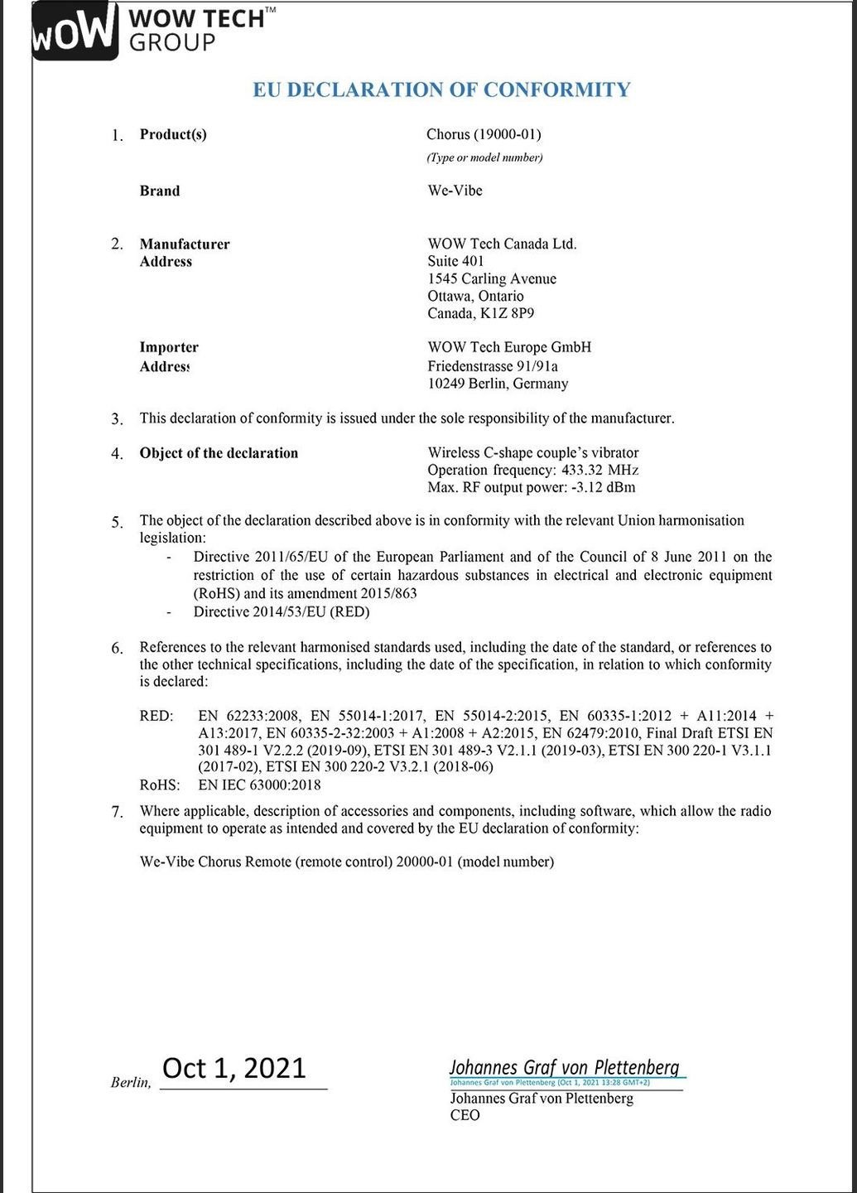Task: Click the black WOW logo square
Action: point(73,30)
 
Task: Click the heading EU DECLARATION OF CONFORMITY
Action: point(441,89)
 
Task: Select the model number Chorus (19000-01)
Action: point(484,134)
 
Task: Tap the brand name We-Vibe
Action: point(455,191)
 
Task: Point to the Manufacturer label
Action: point(185,244)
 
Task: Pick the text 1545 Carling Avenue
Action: point(492,278)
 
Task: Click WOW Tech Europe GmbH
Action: point(509,347)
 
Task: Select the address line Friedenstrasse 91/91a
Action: point(493,365)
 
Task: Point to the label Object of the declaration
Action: point(219,453)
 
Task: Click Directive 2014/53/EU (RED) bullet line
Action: point(282,612)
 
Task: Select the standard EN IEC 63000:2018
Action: point(259,784)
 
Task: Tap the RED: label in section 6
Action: point(156,716)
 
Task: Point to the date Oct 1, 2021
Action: point(234,1068)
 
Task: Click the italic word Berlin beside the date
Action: point(130,1082)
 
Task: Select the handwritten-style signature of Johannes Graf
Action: point(564,1067)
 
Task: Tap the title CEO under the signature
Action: point(465,1115)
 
